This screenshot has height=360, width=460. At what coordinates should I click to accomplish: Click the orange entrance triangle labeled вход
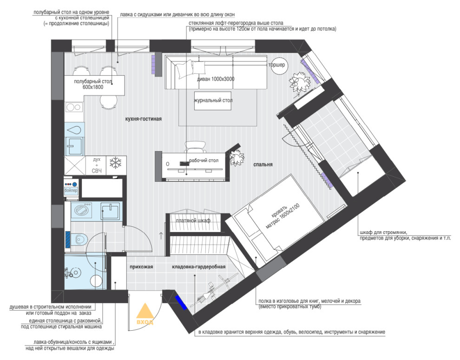(x=145, y=311)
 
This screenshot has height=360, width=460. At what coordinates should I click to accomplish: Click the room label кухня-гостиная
(x=144, y=119)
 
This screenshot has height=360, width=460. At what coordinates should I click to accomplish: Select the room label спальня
(x=263, y=165)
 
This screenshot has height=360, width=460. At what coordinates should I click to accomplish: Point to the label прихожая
(x=141, y=267)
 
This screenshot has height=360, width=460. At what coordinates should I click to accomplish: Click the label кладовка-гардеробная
(x=198, y=267)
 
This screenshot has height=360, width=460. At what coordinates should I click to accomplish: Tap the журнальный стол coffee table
(x=213, y=100)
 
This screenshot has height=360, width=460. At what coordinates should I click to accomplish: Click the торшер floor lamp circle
(x=277, y=65)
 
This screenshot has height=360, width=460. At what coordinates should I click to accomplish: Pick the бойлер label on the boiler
(x=71, y=190)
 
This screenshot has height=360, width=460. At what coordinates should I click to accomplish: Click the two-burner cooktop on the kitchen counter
(x=73, y=107)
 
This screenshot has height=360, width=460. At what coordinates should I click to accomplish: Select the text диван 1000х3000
(x=216, y=79)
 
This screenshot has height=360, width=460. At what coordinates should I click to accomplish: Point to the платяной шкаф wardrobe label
(x=193, y=220)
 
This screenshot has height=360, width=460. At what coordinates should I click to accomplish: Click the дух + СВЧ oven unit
(x=96, y=165)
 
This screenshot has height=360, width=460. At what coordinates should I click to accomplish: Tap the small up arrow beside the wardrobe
(x=161, y=235)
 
